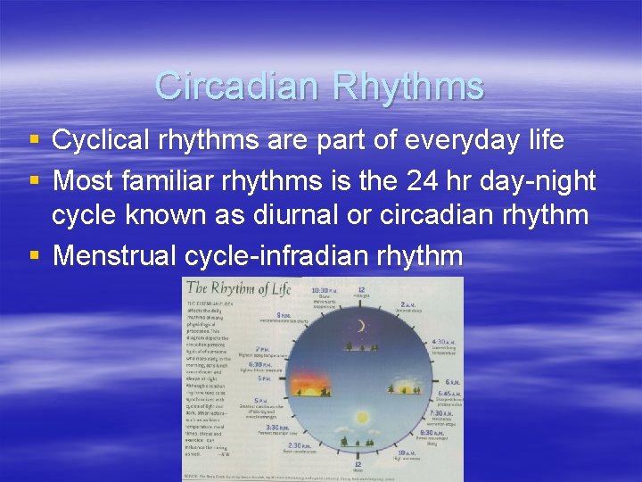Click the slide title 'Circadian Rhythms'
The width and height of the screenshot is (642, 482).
coord(319,87)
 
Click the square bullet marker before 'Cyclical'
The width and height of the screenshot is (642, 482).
coord(34,141)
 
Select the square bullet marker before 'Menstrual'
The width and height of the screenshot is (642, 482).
coord(34,257)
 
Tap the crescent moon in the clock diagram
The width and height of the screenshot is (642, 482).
coord(360,327)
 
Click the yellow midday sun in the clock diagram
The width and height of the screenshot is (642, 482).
coord(362,417)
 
